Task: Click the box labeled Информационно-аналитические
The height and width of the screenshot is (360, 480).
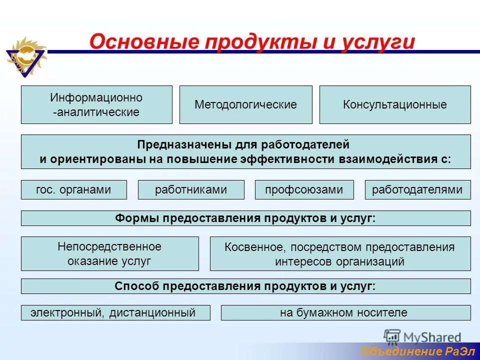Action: click(96, 104)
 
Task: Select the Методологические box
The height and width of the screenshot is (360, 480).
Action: click(245, 104)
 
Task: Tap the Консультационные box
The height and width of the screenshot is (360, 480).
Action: click(394, 104)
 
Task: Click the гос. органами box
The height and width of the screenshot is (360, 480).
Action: click(73, 189)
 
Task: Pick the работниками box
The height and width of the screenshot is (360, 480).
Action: click(190, 189)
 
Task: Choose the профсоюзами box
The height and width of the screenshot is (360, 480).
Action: click(304, 189)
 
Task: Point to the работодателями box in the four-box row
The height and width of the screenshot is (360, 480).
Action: click(417, 189)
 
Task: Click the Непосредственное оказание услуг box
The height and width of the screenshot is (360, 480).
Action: click(109, 253)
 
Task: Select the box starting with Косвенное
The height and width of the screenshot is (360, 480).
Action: click(340, 254)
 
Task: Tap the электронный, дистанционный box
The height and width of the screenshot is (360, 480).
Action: click(115, 313)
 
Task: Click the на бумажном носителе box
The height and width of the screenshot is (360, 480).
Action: click(345, 313)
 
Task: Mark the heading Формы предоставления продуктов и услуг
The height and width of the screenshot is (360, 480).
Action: click(245, 218)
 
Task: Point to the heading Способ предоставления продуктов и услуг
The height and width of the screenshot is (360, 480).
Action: click(245, 286)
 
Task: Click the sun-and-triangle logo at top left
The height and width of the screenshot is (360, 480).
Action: click(25, 56)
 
